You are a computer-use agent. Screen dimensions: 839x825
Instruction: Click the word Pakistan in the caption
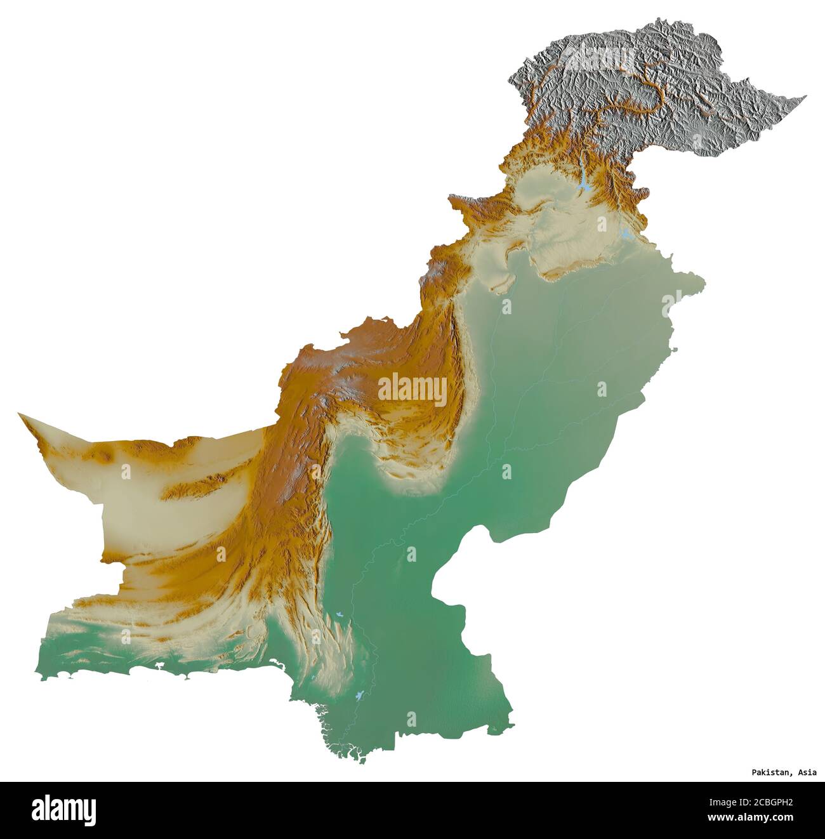[769, 772]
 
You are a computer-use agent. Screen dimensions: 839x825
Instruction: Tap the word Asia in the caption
[807, 772]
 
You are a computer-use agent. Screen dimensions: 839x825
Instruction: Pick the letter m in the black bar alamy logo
[70, 810]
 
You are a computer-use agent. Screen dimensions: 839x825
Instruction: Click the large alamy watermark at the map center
[412, 389]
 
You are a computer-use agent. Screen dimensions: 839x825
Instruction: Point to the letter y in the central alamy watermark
[440, 391]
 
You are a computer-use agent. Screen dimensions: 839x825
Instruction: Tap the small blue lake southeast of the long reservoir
[626, 234]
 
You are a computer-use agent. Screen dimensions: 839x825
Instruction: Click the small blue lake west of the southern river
[341, 614]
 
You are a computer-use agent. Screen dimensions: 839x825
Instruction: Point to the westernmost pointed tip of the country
[19, 414]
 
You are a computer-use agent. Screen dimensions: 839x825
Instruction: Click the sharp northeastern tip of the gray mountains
[805, 96]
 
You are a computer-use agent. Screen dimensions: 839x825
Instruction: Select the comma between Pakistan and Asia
[791, 774]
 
